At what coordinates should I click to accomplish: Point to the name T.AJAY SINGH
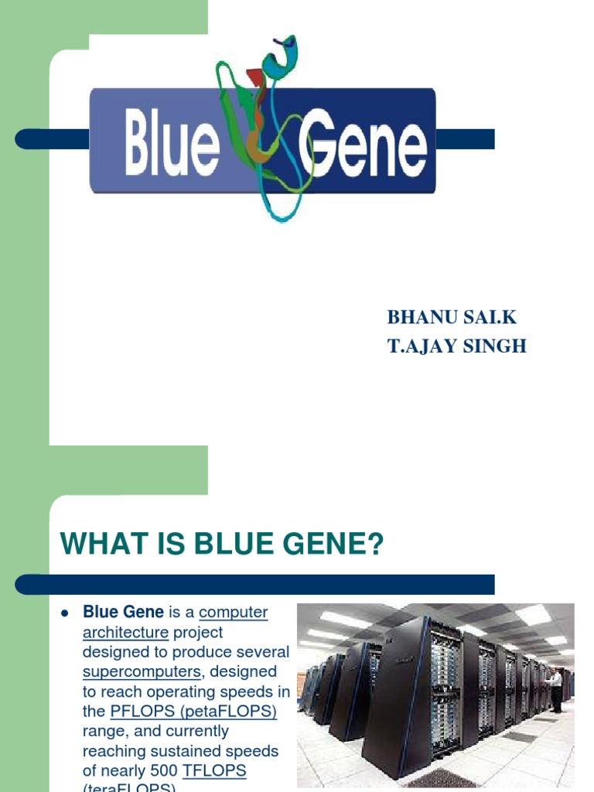click(456, 346)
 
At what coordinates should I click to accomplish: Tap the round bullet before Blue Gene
click(66, 613)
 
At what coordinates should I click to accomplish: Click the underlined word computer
click(233, 613)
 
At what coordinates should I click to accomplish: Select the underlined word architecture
click(125, 632)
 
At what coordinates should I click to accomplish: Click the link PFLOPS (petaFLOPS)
click(193, 711)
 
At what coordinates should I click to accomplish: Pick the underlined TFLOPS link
click(214, 770)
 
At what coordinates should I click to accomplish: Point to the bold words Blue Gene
click(123, 613)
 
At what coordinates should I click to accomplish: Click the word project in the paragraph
click(197, 632)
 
